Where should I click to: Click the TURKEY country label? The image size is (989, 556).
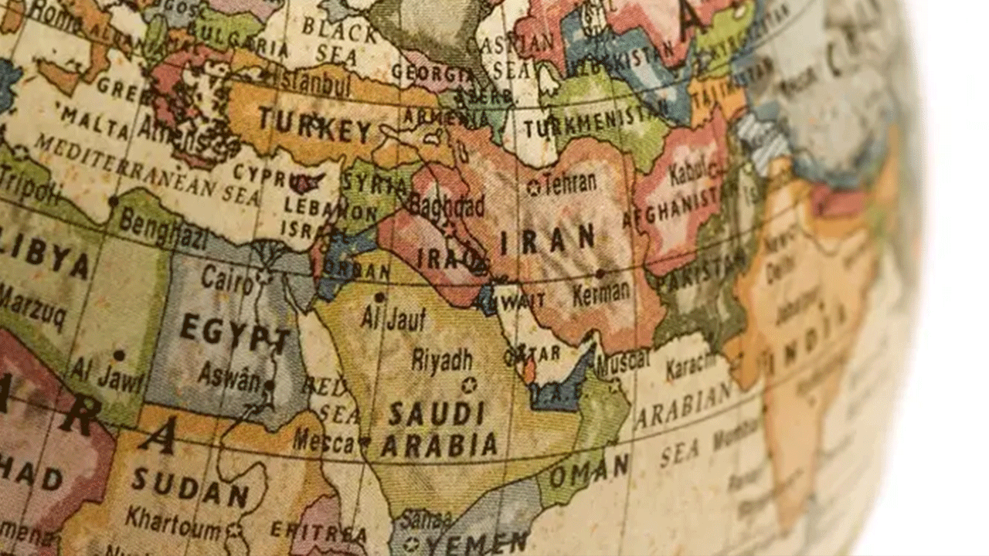[x=315, y=125]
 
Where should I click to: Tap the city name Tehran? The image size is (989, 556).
[x=570, y=184]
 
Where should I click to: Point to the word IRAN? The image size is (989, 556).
[x=548, y=239]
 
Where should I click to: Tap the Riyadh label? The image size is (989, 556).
[x=441, y=360]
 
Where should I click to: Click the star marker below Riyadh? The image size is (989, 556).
[x=467, y=385]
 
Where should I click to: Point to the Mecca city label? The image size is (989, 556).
[x=324, y=441]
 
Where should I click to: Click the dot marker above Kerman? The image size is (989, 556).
[x=600, y=273]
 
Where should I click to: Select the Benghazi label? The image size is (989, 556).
[x=162, y=229]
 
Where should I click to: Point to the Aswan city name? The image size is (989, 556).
[x=229, y=375]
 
